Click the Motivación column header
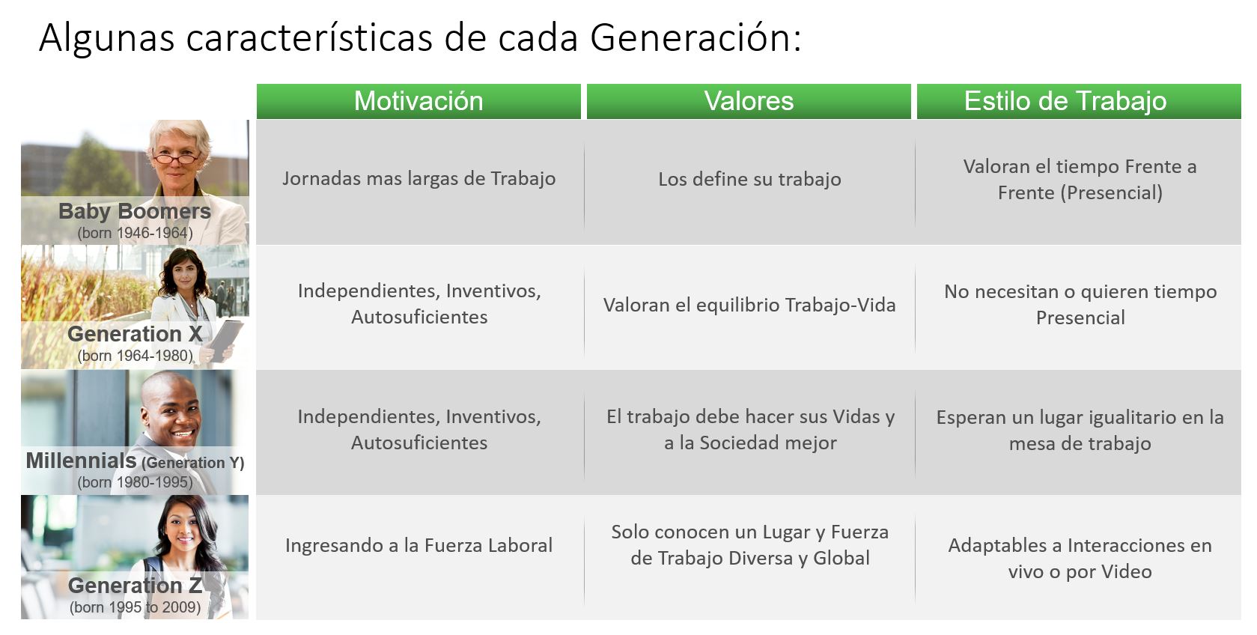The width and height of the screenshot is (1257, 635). pos(419,101)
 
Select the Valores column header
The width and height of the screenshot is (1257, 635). pos(749,101)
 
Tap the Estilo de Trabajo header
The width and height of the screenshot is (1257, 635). pos(1065,101)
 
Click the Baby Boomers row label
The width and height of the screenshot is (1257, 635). pos(135,211)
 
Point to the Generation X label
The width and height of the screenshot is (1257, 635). pos(135,334)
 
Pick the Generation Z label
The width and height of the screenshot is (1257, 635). pos(135,585)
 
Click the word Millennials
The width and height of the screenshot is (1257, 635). pos(81,461)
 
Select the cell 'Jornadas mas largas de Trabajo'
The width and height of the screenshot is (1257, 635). pos(419,179)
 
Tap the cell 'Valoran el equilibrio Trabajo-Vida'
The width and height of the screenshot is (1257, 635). pos(749,306)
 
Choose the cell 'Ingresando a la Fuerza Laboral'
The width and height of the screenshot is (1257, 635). pos(419,546)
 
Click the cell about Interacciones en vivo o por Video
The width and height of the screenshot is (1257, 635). pos(1080,558)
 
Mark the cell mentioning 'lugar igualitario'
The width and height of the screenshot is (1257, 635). pos(1080,430)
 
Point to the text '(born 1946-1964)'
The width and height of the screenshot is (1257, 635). pos(135,233)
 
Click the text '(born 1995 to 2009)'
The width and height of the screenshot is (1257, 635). pos(135,607)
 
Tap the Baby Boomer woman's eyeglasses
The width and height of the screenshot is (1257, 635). pos(177,158)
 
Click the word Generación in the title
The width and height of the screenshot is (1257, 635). pos(695,37)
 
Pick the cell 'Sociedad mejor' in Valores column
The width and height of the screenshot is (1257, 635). pos(749,430)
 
